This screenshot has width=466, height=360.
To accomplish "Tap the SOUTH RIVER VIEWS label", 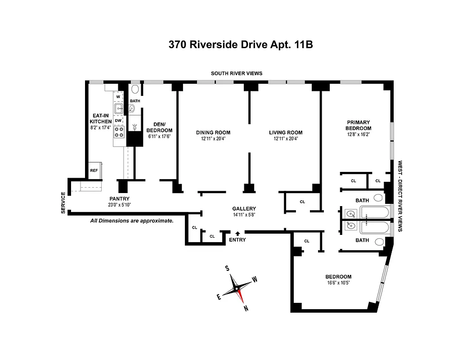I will click(237, 73).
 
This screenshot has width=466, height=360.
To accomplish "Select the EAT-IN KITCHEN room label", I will click(100, 118).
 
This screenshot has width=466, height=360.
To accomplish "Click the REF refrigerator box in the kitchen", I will click(94, 171).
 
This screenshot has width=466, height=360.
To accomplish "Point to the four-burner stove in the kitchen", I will click(119, 132).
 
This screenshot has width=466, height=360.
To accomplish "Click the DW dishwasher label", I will click(118, 121).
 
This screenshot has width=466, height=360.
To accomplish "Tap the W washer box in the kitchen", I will click(118, 97).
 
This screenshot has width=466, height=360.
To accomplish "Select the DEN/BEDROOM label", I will click(159, 127).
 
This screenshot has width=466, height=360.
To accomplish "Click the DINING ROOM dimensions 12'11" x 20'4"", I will click(213, 139).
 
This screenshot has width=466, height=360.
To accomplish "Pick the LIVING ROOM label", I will click(286, 132).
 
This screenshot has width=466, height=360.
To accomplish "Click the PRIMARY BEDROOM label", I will click(358, 125).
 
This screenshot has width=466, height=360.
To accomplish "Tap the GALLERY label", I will click(244, 209).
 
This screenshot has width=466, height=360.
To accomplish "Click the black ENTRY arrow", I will click(237, 233).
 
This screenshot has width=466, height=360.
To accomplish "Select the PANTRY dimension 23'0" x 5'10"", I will click(119, 205).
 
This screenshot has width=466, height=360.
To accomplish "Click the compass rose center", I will click(237, 288).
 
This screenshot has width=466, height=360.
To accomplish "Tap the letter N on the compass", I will click(246, 308).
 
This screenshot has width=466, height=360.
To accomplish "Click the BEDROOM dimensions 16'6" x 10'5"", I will click(338, 283).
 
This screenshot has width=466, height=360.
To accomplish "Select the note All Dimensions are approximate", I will click(131, 221).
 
